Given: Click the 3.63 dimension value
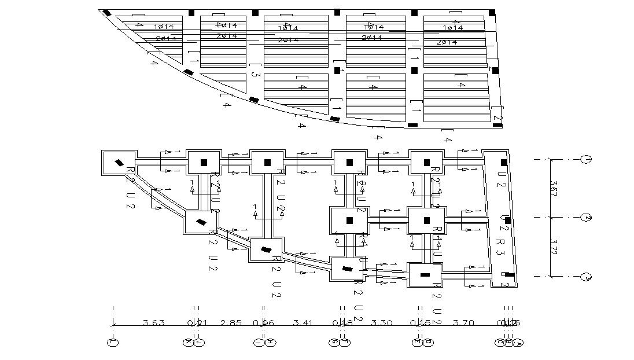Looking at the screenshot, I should [153, 323].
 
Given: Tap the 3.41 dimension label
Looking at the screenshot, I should [303, 323].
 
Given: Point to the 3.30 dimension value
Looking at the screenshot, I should [381, 323].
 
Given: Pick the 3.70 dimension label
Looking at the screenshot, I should [463, 323].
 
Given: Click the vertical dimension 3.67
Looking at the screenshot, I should [555, 188].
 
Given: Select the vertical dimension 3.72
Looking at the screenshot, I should [555, 248].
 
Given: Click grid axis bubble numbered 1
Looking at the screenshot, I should [585, 159].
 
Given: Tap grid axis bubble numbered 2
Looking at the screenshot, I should [585, 218].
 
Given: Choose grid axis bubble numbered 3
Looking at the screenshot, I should [585, 277].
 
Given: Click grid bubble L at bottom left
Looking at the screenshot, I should [113, 343].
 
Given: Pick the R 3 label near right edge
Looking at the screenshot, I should [501, 242].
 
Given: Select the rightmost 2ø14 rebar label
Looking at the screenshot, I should [446, 42].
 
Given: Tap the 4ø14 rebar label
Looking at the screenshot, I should [226, 25].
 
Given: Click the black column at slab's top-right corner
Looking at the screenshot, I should [492, 12].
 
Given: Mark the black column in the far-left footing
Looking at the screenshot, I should [119, 163].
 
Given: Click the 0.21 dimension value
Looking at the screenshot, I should [195, 323].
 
